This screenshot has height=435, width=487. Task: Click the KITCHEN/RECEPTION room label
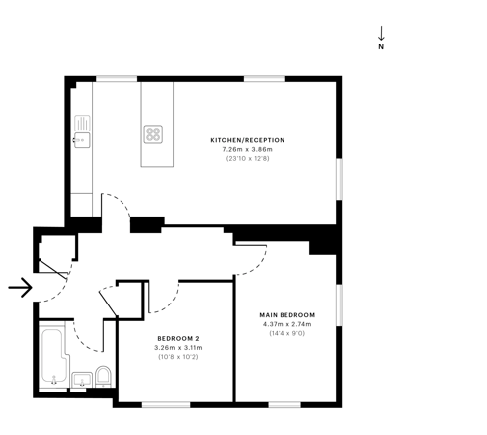pos(248,140)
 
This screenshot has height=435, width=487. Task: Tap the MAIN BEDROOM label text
pos(287,315)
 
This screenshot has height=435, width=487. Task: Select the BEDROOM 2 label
pos(178,338)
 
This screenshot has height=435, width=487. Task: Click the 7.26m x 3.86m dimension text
pos(248,149)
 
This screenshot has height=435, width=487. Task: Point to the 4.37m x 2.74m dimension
pos(287,324)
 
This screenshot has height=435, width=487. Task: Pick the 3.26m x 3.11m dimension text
pos(178,348)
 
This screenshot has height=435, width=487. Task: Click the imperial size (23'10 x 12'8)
pos(248,159)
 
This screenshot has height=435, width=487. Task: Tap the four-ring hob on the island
pos(153,134)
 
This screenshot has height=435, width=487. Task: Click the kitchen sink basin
pos(82,140)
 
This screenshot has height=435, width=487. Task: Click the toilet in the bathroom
pos(103,376)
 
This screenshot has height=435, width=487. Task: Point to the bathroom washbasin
pos(82,380)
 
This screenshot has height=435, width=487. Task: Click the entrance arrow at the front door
pos(20,288)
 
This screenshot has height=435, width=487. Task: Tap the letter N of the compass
pos(381,46)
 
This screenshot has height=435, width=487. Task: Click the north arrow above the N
pos(381,33)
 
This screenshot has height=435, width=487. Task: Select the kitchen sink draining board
pos(82,123)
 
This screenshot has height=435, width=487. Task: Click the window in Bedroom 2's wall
pos(166,405)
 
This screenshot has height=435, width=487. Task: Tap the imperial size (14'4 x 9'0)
pos(287,333)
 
